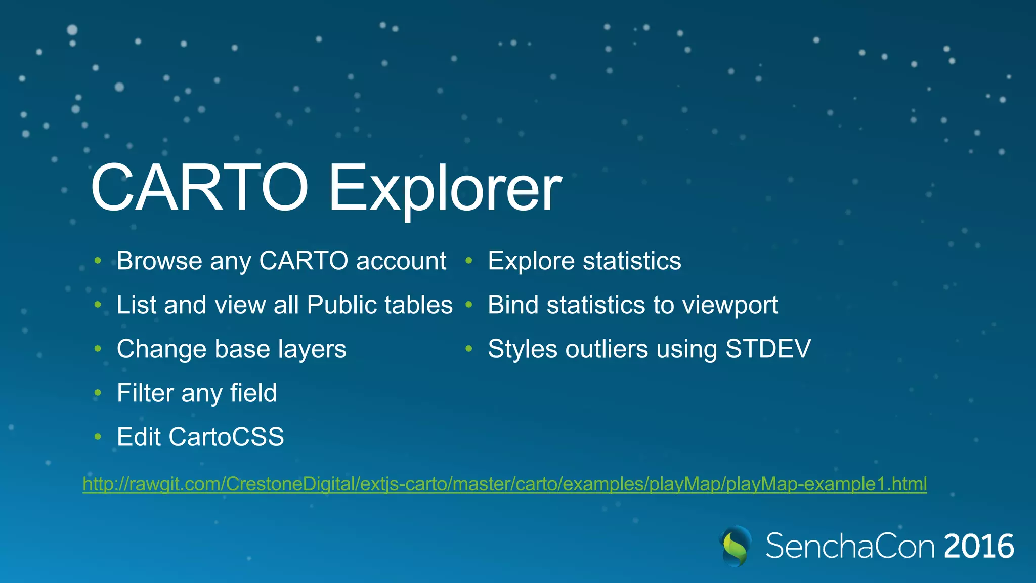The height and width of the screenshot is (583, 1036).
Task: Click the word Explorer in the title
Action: pyautogui.click(x=445, y=188)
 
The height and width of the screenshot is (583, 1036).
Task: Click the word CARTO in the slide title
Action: pyautogui.click(x=199, y=188)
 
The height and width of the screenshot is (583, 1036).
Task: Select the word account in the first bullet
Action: pyautogui.click(x=401, y=261)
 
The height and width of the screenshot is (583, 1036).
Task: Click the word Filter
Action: pyautogui.click(x=145, y=393)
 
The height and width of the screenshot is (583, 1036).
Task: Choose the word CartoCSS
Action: pyautogui.click(x=226, y=437)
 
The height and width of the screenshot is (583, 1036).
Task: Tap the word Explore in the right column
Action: pyautogui.click(x=531, y=261)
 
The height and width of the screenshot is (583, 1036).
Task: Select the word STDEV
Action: pyautogui.click(x=768, y=349)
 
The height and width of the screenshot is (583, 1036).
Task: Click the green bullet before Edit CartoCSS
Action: pyautogui.click(x=98, y=437)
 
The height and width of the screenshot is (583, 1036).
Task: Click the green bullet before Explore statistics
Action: pyautogui.click(x=469, y=261)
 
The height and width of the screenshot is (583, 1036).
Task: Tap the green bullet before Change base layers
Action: pyautogui.click(x=98, y=349)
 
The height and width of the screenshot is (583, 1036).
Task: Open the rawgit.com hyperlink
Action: pyautogui.click(x=504, y=484)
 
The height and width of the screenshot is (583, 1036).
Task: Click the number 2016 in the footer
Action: pyautogui.click(x=979, y=547)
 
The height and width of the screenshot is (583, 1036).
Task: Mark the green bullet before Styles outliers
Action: pyautogui.click(x=469, y=349)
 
